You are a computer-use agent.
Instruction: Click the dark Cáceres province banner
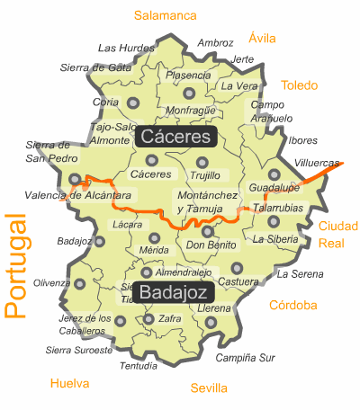pos(177,137)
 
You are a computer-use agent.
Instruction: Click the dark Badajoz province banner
pos(175,291)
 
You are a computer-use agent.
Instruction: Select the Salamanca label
pos(165,15)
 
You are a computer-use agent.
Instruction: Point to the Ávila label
pos(262,38)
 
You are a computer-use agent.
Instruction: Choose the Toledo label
pos(299,85)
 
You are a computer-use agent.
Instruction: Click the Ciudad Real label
pos(337,234)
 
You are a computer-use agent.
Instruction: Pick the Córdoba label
pos(292,305)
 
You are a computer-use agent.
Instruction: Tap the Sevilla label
pos(209,388)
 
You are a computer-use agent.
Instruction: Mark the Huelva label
pos(70,383)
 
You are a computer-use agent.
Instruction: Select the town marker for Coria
pos(134,103)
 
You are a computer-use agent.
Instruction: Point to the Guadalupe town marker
pos(274,174)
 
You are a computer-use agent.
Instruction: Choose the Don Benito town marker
pos(208,232)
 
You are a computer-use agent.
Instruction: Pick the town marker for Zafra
pos(148,318)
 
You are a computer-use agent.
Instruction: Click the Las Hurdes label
pos(126,48)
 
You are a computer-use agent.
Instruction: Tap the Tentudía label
pos(139,366)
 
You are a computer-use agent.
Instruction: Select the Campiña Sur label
pos(245,357)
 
